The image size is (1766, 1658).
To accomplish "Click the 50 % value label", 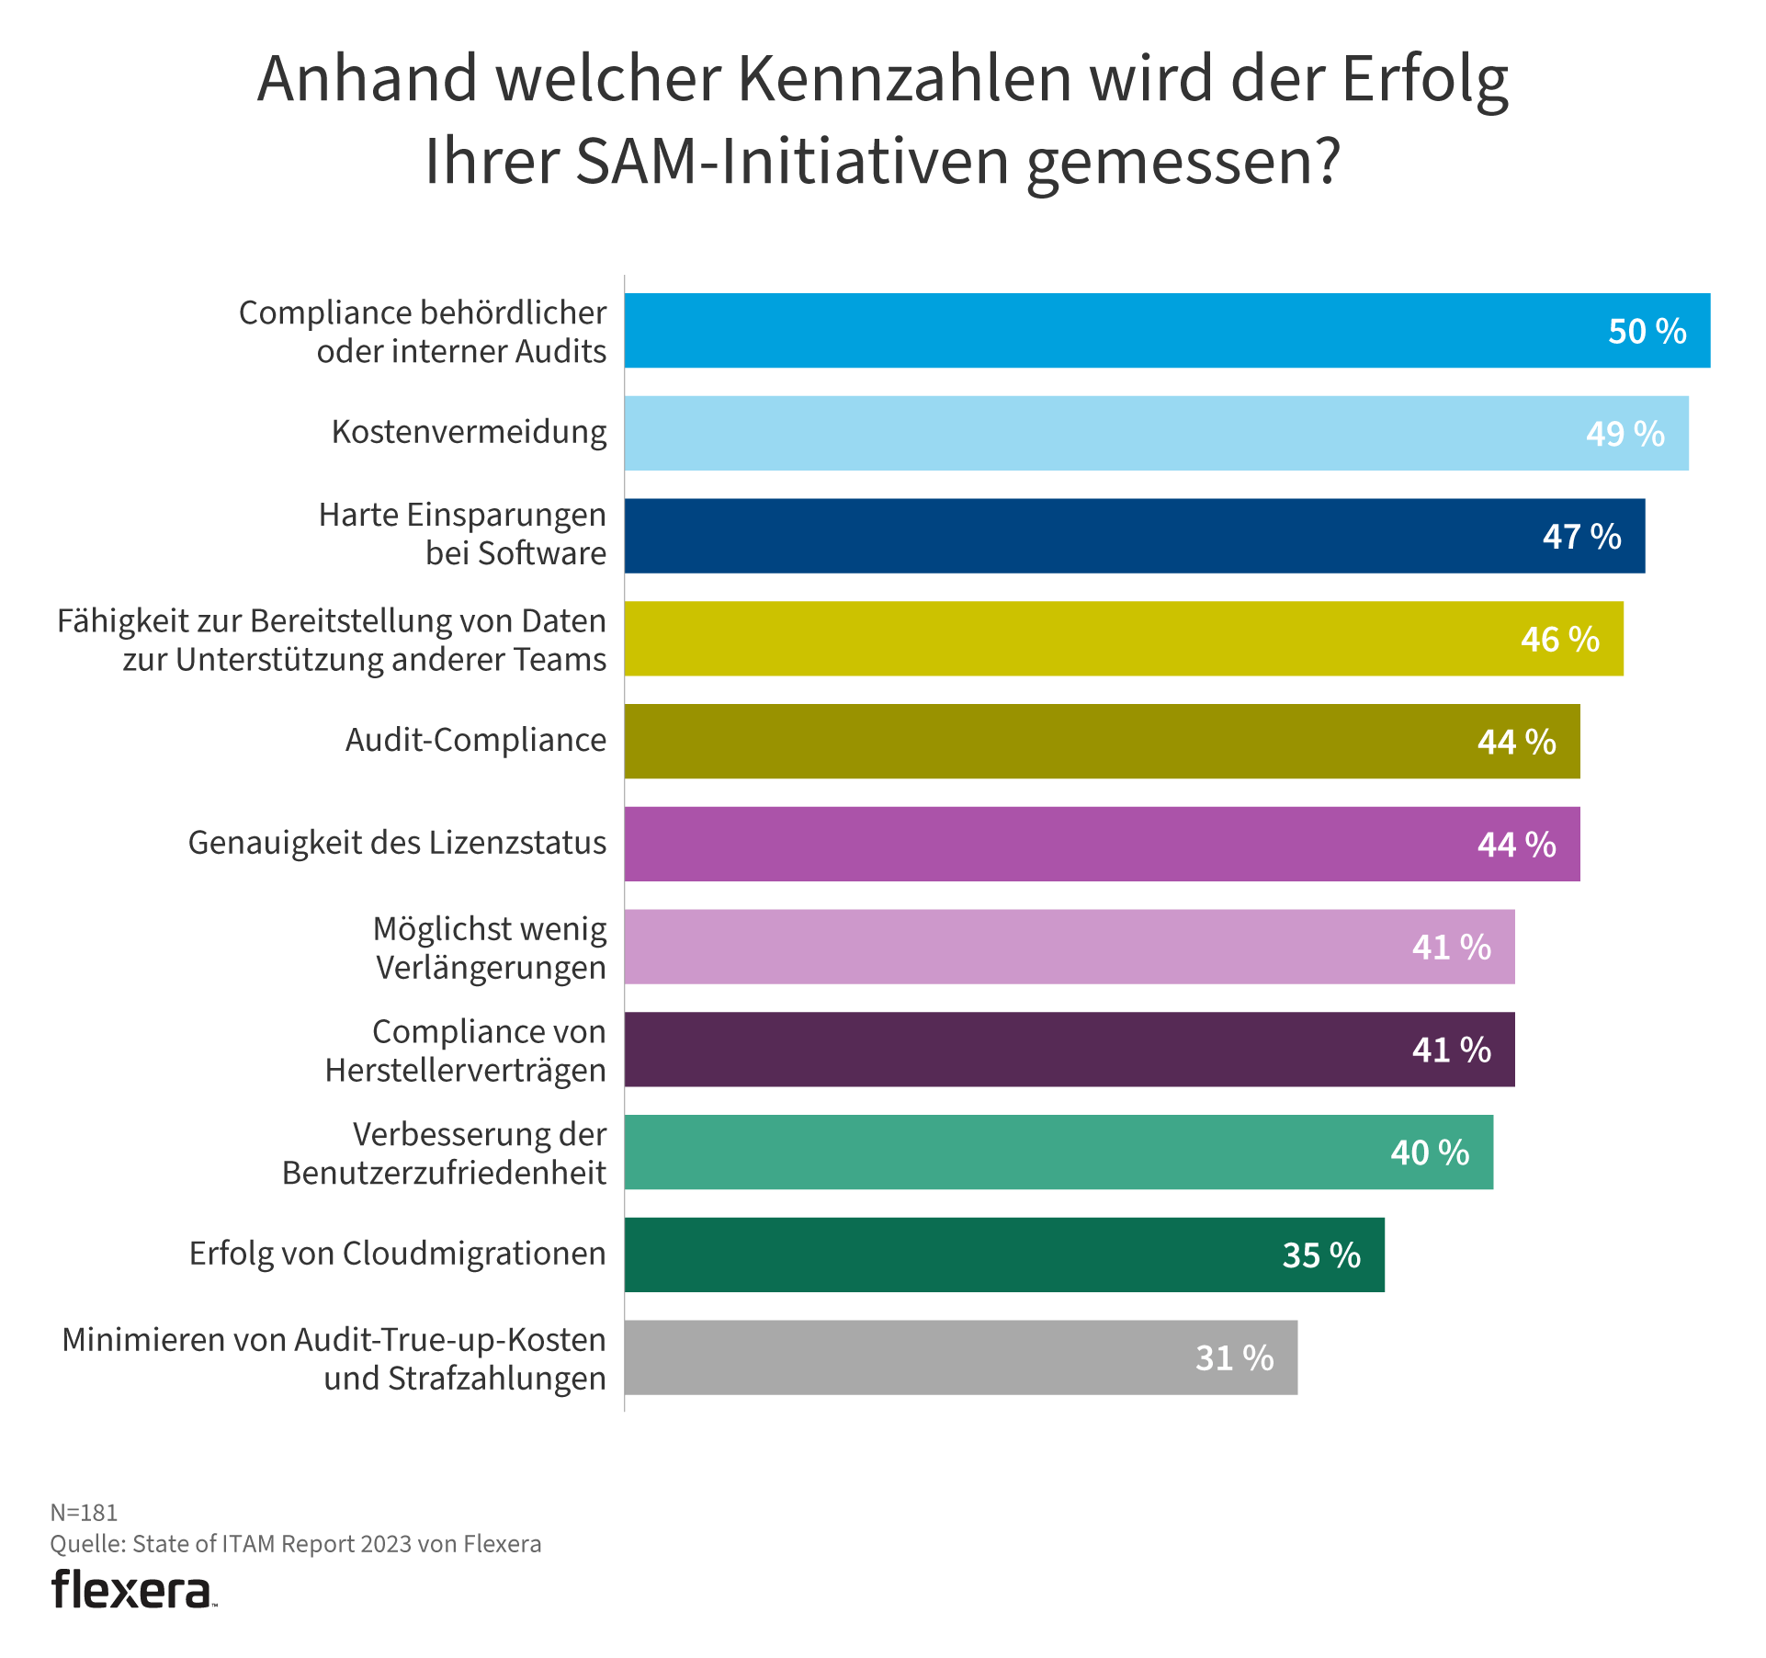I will (x=1647, y=332).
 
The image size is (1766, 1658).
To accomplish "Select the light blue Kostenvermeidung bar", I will (x=1103, y=434).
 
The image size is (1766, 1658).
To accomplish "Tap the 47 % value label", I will (x=1581, y=537).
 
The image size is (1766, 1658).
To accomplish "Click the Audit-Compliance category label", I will (x=475, y=741).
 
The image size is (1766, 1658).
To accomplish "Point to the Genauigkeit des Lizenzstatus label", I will (x=397, y=844).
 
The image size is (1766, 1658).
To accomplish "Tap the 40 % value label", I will (x=1430, y=1153).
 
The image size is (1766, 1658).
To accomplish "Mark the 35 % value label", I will (x=1321, y=1255).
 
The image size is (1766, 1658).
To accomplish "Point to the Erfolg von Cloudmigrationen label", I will (x=397, y=1255).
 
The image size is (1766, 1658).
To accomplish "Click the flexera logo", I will (x=133, y=1591).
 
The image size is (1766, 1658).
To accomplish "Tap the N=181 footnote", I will (x=84, y=1513).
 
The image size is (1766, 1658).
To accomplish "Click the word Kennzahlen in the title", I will (x=905, y=79).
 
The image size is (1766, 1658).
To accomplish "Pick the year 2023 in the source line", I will (x=386, y=1544).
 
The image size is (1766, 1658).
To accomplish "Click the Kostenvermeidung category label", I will (x=469, y=433).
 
